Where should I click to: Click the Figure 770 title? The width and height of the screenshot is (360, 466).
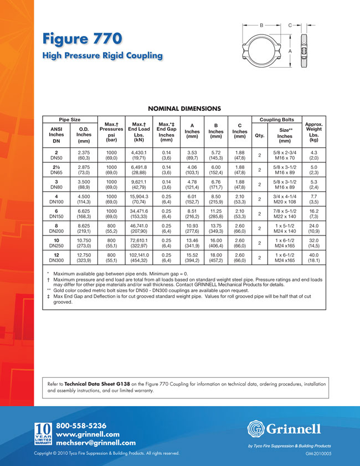click(x=82, y=40)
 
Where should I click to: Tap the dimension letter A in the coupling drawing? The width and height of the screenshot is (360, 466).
click(x=290, y=50)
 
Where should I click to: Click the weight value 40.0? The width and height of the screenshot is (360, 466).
click(x=314, y=253)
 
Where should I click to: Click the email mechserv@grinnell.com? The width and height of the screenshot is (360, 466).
click(x=96, y=443)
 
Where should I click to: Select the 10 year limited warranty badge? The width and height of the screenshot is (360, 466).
click(x=43, y=434)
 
